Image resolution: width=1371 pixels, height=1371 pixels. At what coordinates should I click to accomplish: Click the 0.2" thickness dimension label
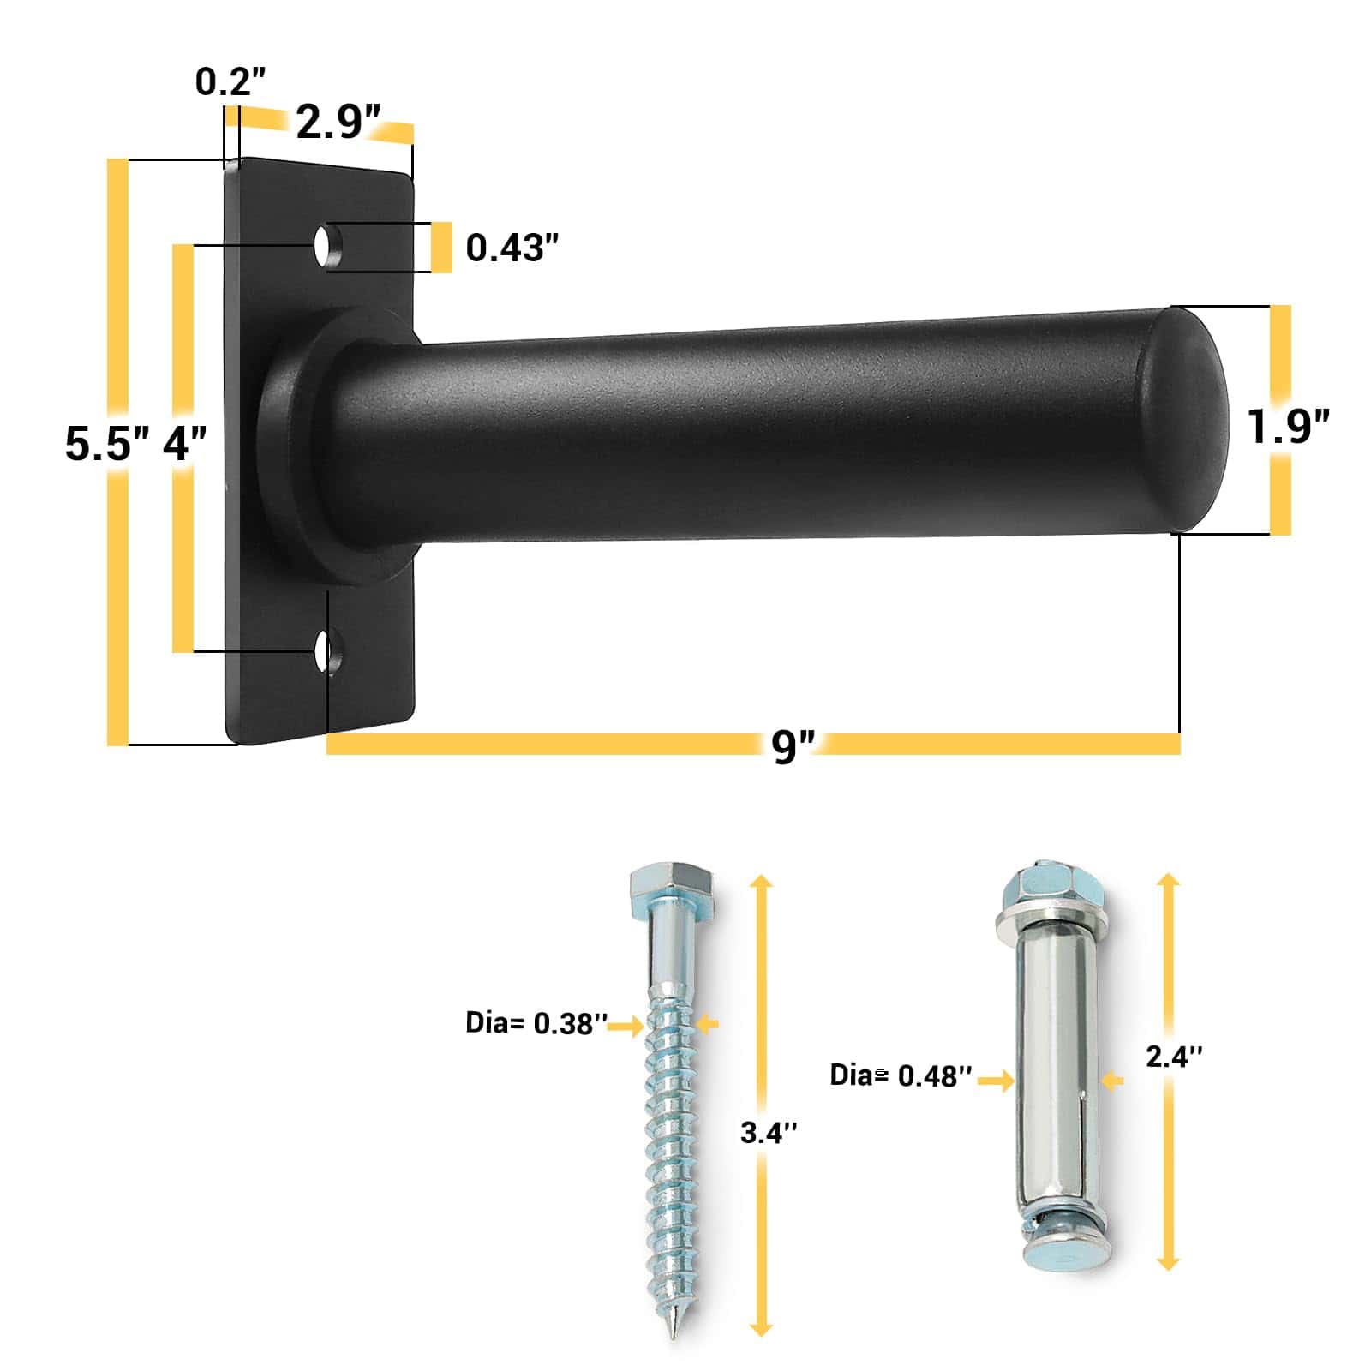tap(230, 81)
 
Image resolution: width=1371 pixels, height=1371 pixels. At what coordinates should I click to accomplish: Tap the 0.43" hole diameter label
tap(512, 248)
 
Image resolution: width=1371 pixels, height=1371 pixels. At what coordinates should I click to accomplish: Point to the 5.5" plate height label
tap(107, 443)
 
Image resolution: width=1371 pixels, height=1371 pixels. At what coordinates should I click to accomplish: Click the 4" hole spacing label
tap(185, 443)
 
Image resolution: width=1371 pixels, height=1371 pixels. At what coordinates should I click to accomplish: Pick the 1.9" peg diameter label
tap(1288, 426)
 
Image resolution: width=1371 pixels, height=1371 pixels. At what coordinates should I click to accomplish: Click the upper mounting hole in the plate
tap(323, 247)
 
